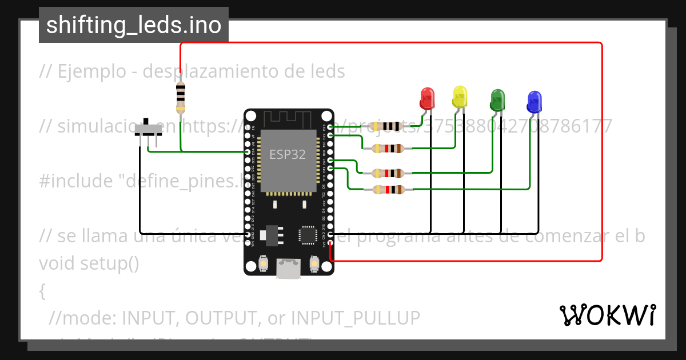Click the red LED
click(427, 98)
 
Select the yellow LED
click(460, 97)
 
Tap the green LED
click(497, 100)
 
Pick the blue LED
click(533, 102)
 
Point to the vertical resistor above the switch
click(181, 96)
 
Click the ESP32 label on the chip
click(287, 154)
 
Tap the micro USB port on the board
click(289, 268)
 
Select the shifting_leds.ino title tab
click(134, 25)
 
